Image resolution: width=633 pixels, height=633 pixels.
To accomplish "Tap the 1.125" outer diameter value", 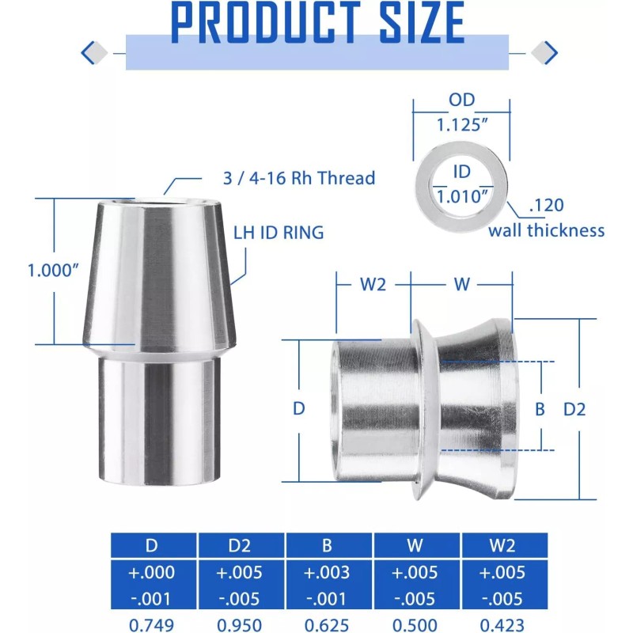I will tap(462, 124).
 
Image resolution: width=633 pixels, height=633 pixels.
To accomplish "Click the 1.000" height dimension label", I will tap(53, 270).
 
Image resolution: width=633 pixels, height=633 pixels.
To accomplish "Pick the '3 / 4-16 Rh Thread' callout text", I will tap(299, 178).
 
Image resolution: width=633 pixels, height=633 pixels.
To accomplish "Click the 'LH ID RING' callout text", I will tap(279, 232).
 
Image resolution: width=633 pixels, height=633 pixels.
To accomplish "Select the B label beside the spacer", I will tap(540, 409).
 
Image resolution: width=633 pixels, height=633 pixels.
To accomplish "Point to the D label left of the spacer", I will tap(298, 409).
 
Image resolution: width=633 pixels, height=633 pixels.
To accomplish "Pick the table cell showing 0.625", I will tap(328, 624).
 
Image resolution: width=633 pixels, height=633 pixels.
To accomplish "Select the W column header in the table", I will tap(416, 546).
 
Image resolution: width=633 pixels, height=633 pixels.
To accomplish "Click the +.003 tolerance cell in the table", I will tap(328, 572).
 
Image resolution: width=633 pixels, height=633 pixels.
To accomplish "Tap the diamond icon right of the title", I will tap(544, 53).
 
